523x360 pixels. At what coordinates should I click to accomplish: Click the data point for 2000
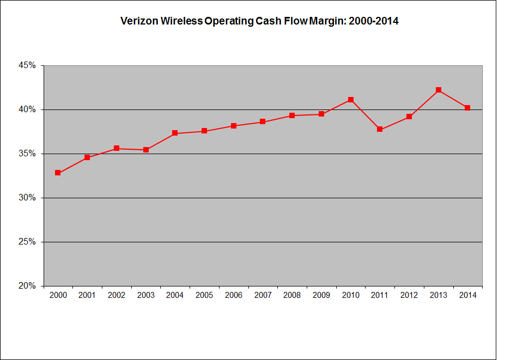tap(58, 173)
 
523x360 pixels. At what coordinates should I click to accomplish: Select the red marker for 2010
tap(351, 100)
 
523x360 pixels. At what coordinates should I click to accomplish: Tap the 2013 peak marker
tap(439, 90)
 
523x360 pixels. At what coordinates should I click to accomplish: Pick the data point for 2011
tap(380, 129)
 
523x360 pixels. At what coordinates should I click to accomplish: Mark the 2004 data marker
tap(175, 133)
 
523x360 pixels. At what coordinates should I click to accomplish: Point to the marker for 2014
tap(467, 108)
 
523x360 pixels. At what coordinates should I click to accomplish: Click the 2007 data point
tap(263, 121)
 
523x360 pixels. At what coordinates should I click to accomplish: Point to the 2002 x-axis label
tap(117, 295)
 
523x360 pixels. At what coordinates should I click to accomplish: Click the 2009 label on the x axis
tap(321, 295)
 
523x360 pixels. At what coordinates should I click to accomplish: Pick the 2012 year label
tap(409, 295)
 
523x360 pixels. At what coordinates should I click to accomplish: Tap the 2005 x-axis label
tap(204, 295)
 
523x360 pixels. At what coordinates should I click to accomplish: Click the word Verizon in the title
tap(136, 22)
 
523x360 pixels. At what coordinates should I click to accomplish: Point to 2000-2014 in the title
tap(373, 22)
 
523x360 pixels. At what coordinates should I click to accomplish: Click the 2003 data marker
tap(146, 149)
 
